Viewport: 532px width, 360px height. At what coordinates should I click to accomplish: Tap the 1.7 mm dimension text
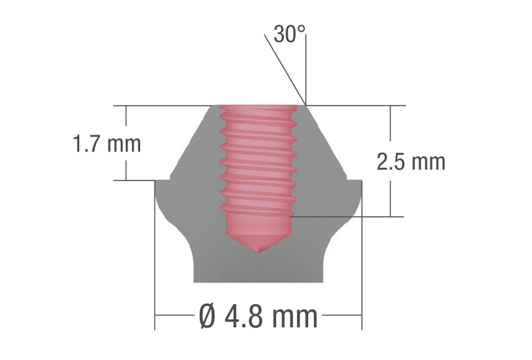coord(107,144)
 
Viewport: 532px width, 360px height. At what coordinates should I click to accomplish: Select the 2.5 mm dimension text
coord(411,162)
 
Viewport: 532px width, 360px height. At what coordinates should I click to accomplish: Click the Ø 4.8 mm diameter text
coord(258,317)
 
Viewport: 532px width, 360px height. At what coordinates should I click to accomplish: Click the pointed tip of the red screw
coord(258,251)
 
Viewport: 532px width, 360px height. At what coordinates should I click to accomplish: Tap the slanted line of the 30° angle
coord(284,69)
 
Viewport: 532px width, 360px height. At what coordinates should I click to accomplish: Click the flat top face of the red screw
coord(258,107)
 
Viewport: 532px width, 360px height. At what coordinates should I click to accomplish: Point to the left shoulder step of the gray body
coord(162,180)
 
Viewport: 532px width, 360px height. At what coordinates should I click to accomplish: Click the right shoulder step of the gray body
coord(355,180)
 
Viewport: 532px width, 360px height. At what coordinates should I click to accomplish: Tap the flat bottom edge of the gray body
coord(258,282)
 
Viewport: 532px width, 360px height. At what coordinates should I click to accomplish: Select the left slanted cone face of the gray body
coord(190,142)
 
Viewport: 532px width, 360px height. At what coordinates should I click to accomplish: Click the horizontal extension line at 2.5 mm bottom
coord(347,216)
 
